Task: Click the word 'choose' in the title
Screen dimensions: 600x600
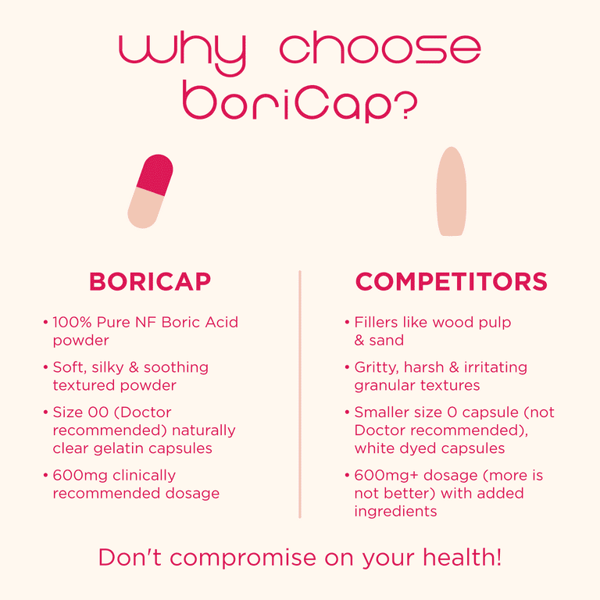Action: click(x=380, y=48)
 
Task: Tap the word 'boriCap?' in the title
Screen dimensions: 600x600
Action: click(x=300, y=102)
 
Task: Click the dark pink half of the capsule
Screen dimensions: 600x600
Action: click(x=155, y=174)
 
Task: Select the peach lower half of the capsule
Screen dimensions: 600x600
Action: click(x=145, y=208)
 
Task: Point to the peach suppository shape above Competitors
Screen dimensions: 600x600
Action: click(x=452, y=191)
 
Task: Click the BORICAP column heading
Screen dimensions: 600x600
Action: click(x=150, y=281)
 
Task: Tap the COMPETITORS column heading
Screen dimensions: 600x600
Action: click(x=451, y=281)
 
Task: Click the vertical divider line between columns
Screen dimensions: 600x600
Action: click(x=300, y=394)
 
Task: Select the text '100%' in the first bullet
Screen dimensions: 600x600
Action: click(x=73, y=322)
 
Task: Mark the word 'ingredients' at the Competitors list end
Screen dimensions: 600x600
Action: click(x=395, y=512)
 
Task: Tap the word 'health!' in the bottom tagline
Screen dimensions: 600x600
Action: click(x=462, y=557)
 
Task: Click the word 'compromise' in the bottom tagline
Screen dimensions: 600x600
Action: click(x=243, y=558)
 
